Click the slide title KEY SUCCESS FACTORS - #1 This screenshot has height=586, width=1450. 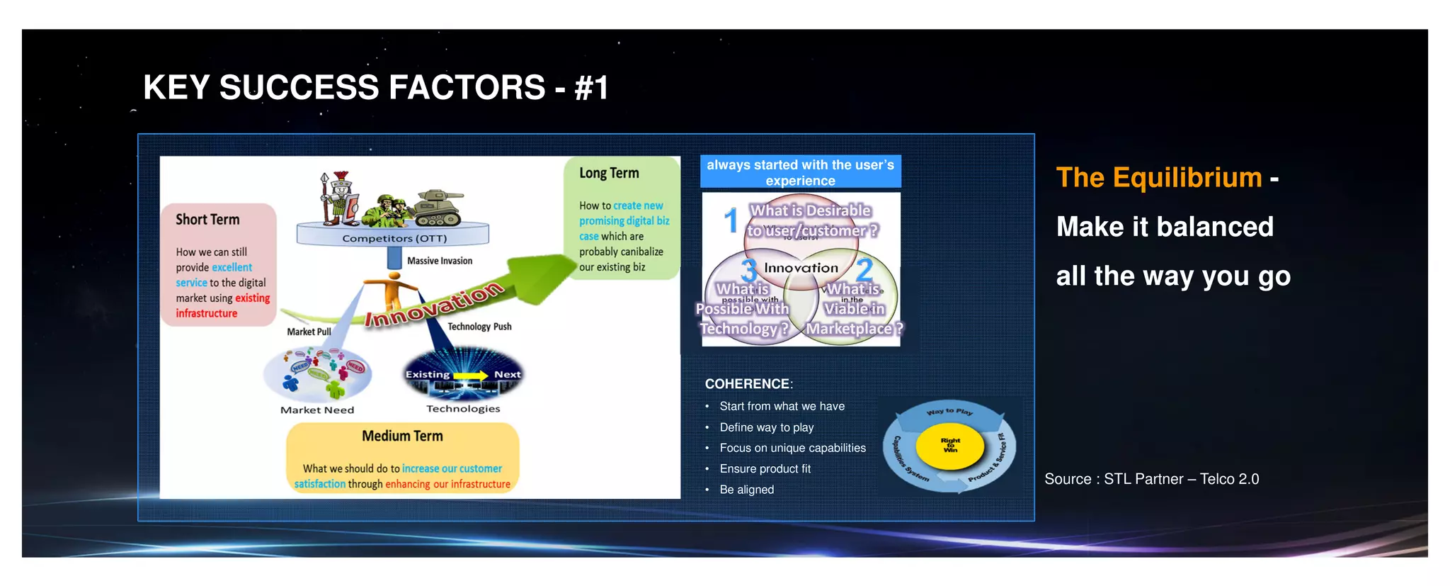(x=375, y=88)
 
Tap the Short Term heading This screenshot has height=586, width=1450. (x=207, y=220)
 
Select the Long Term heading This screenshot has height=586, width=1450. (x=609, y=173)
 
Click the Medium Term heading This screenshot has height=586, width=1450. (x=402, y=436)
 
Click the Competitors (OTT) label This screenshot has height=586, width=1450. (x=394, y=239)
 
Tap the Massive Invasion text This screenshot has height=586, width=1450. (x=440, y=261)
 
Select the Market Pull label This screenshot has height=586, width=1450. (x=309, y=332)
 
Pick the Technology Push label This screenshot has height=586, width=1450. (x=479, y=327)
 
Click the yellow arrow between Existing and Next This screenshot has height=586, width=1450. (x=471, y=375)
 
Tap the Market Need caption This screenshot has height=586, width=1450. (x=317, y=410)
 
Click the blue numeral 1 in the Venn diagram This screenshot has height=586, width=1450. (x=731, y=220)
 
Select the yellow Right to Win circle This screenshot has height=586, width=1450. (x=950, y=446)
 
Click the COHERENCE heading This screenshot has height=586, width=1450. (x=748, y=384)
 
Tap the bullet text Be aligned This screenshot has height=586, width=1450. (x=746, y=490)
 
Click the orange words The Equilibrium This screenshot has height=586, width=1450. (x=1159, y=177)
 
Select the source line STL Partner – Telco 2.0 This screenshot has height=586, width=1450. (x=1151, y=479)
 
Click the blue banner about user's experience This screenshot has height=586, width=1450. (x=800, y=172)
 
